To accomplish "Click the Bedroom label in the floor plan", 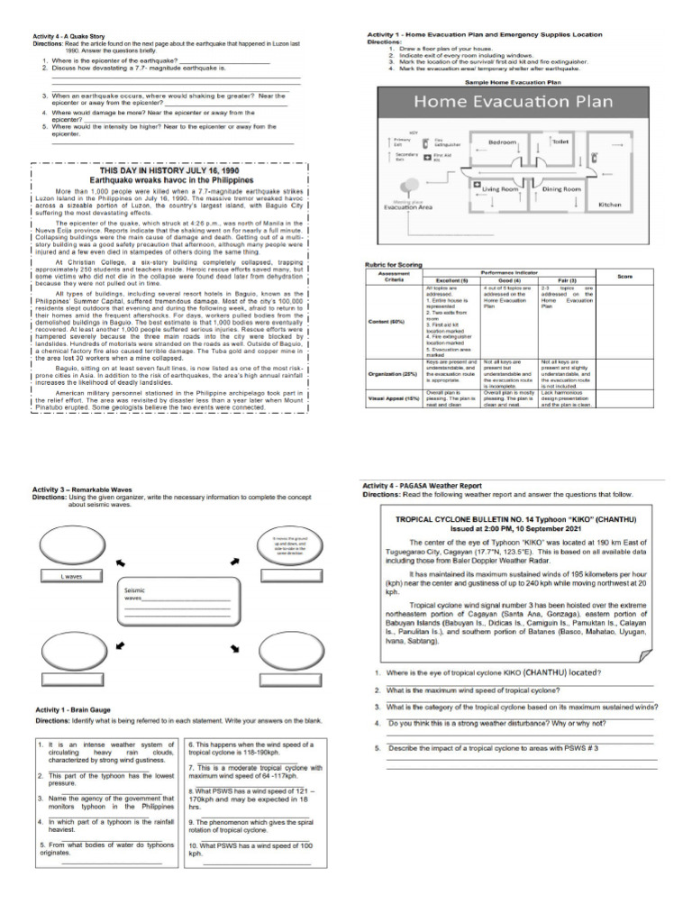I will click(x=502, y=142).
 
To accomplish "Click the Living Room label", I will click(x=501, y=190).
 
